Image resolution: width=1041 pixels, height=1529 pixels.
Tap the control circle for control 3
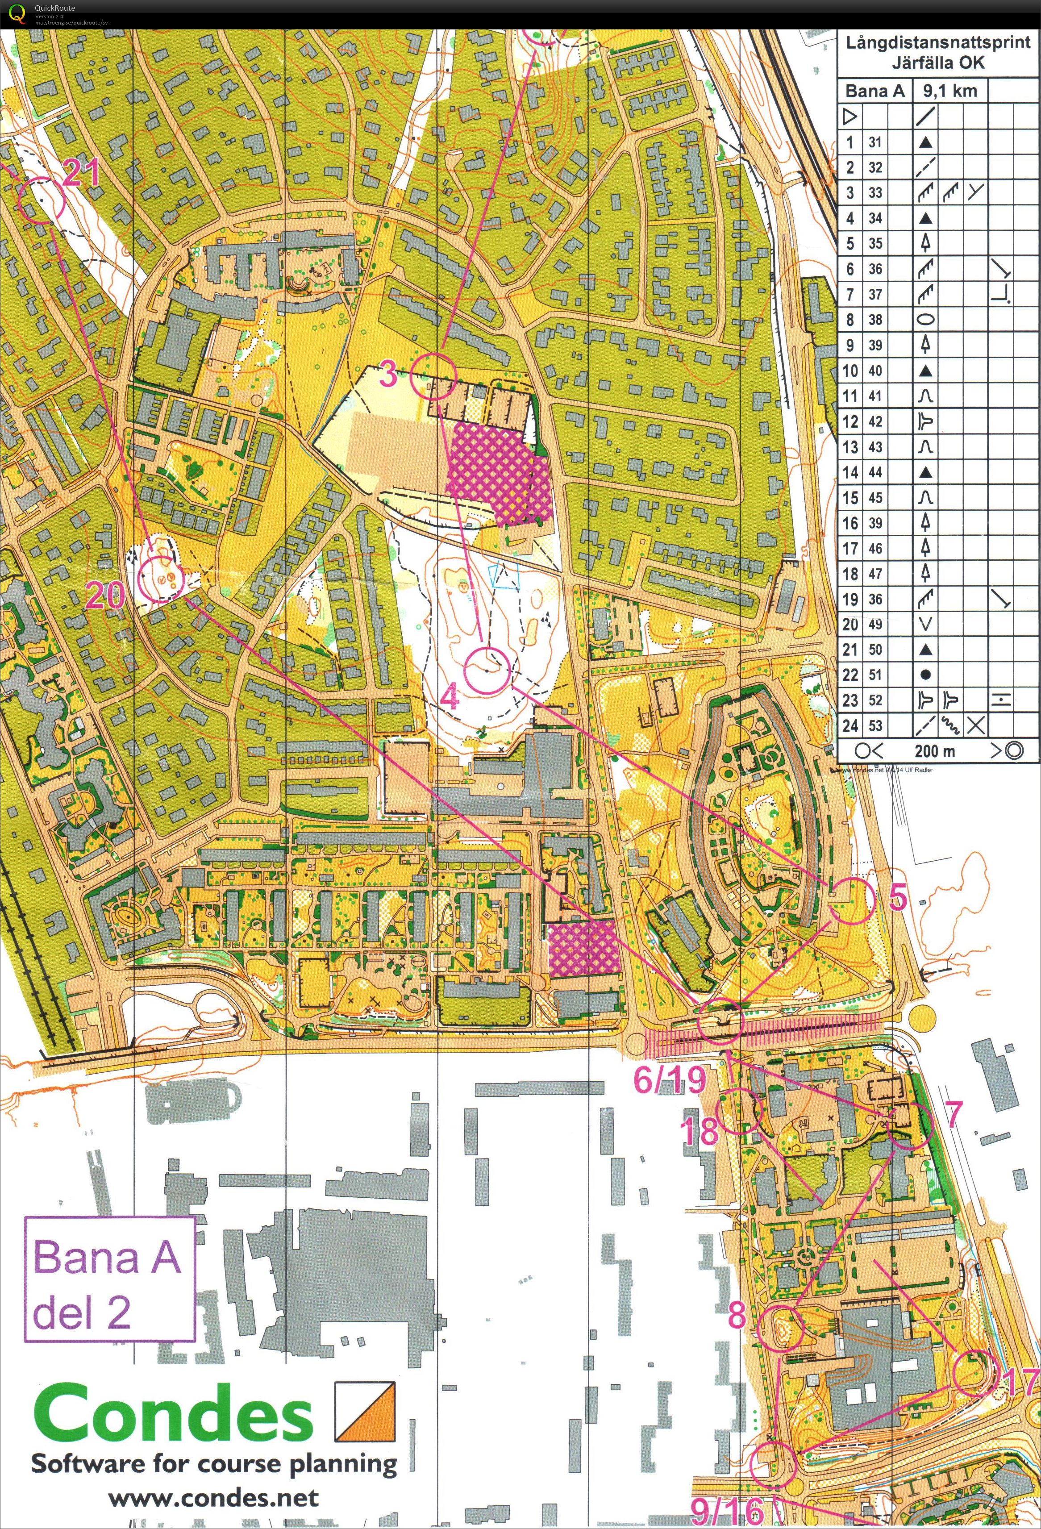(x=433, y=376)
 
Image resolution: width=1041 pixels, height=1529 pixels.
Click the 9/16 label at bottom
(x=727, y=1512)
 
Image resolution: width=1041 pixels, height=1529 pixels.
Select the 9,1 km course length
(x=949, y=91)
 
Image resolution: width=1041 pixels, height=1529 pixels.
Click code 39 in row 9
(x=874, y=346)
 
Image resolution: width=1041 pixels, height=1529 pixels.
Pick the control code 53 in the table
(x=874, y=726)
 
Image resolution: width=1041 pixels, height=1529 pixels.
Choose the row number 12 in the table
(x=850, y=422)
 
